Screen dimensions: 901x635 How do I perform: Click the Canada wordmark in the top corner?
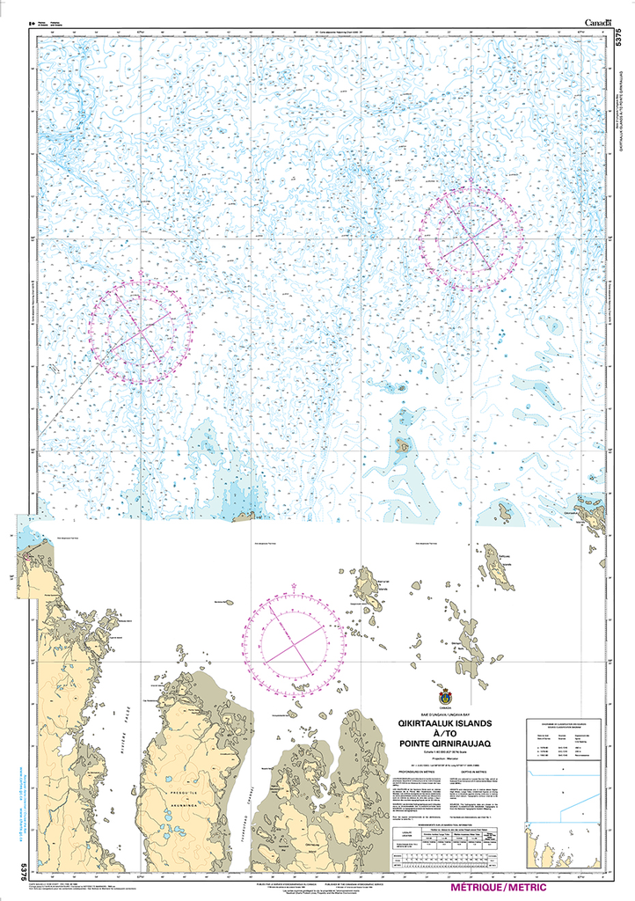pyautogui.click(x=597, y=23)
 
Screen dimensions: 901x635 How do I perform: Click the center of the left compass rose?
pyautogui.click(x=140, y=332)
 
